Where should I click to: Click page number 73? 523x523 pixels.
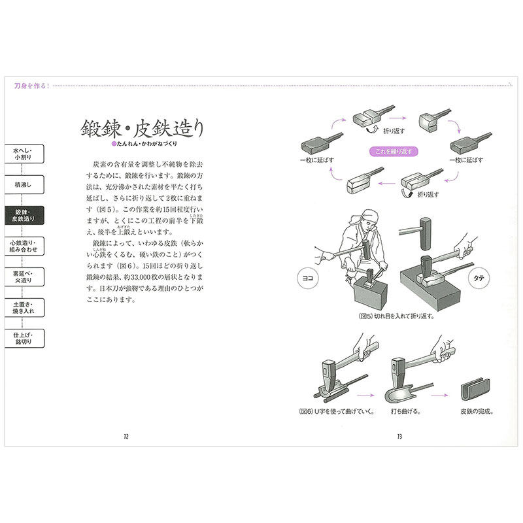(x=397, y=437)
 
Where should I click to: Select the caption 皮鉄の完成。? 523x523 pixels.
(x=475, y=413)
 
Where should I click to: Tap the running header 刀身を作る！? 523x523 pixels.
(x=33, y=85)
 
